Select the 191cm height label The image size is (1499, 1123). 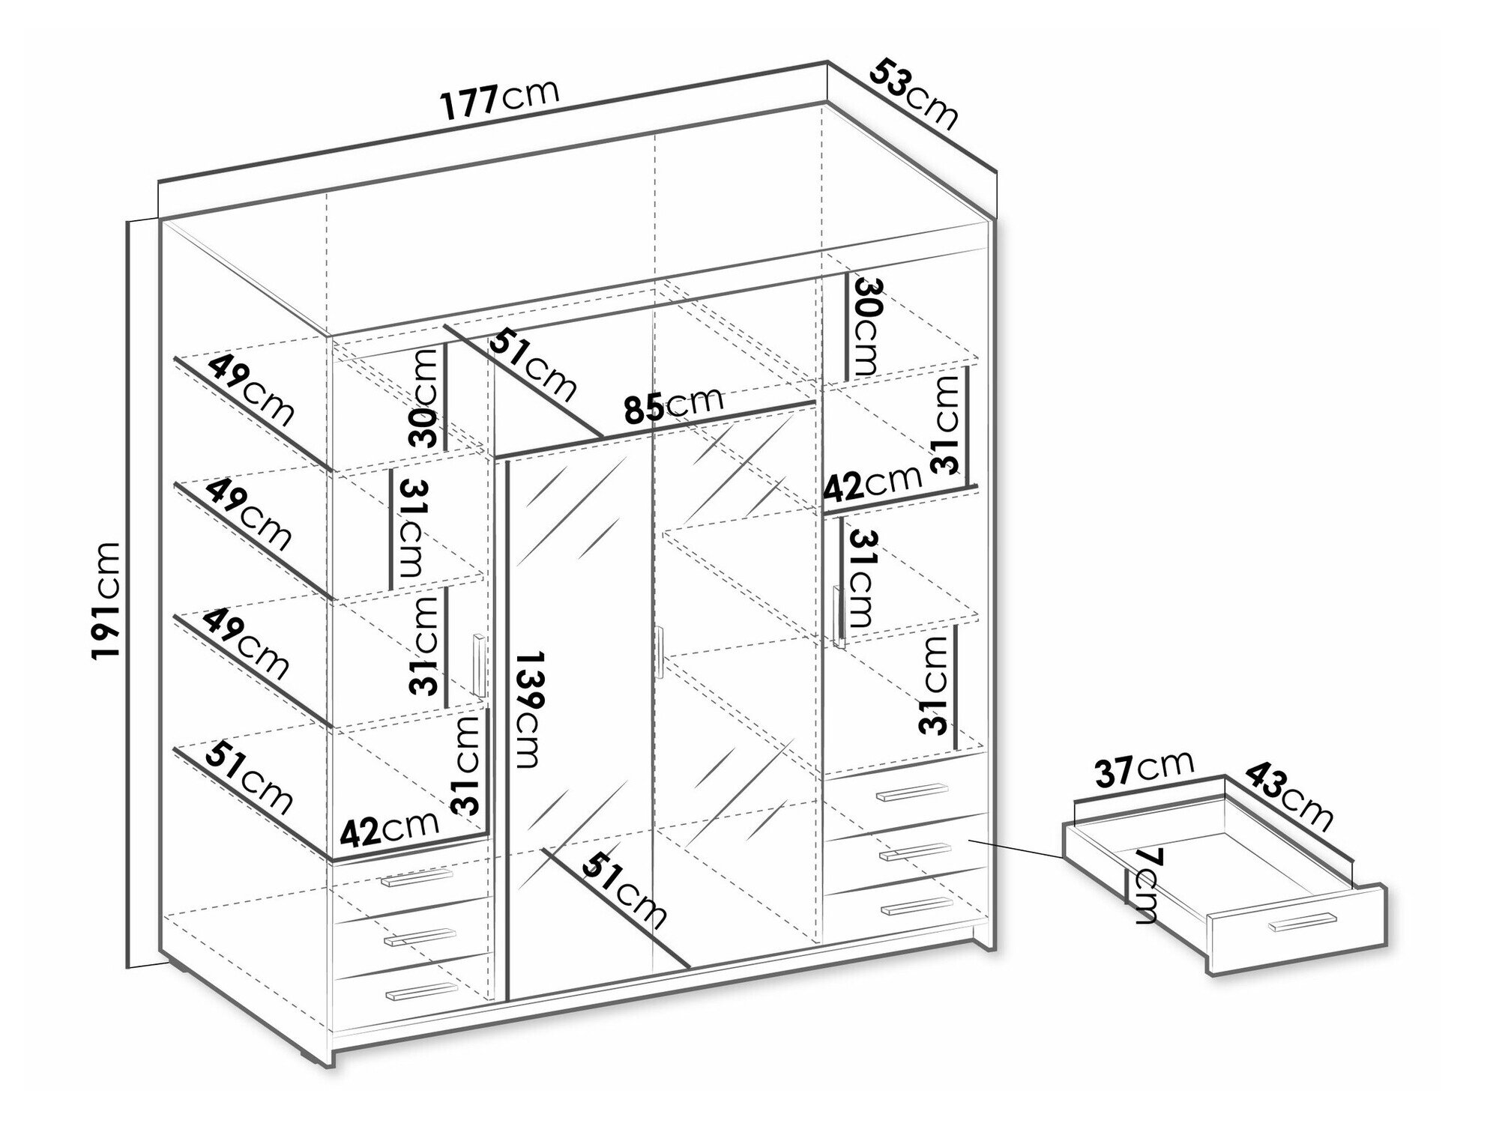[x=105, y=600]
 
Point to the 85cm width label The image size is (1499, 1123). [x=674, y=405]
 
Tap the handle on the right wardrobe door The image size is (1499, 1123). [x=839, y=616]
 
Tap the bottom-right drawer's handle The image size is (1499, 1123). [x=917, y=906]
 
